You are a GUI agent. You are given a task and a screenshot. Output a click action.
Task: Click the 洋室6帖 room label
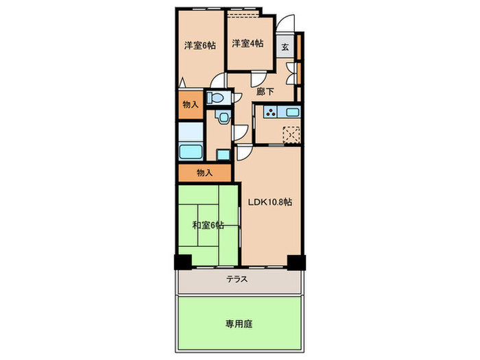tap(200, 45)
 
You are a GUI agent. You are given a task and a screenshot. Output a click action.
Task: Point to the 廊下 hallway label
tap(265, 90)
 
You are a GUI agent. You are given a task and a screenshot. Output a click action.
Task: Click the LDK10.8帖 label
tap(270, 202)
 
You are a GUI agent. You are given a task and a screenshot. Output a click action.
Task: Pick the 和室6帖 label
tap(207, 225)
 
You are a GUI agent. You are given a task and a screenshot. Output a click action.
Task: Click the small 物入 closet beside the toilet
tap(191, 104)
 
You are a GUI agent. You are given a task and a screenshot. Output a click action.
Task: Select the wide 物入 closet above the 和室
tap(204, 172)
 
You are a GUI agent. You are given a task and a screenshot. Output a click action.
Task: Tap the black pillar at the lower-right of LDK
tap(296, 261)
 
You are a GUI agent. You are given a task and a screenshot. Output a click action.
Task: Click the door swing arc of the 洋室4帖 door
tap(258, 77)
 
